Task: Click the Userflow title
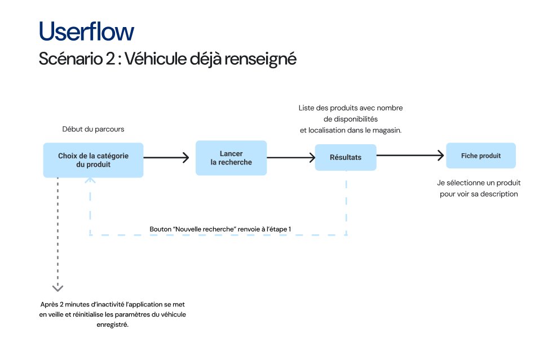point(86,32)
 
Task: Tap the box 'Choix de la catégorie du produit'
point(93,160)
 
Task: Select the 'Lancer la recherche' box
point(231,158)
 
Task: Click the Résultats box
point(345,157)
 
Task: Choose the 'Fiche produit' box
point(480,155)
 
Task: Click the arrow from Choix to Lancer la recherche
point(166,158)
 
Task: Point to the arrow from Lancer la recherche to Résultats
point(291,158)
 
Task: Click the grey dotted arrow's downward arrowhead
point(58,288)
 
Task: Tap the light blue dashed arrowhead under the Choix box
point(90,180)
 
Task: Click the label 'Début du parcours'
point(93,129)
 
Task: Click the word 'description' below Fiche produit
point(497,194)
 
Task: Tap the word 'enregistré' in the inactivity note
point(113,325)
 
